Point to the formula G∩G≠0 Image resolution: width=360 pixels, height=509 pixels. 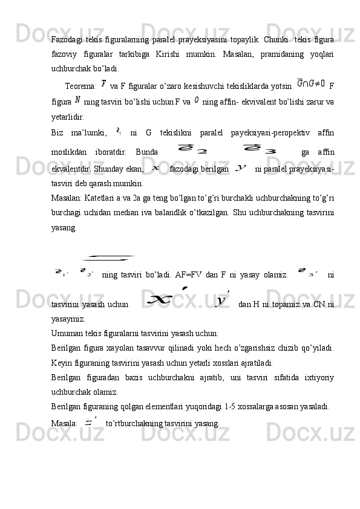click(x=311, y=82)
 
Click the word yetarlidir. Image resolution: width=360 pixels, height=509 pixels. click(x=68, y=113)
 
